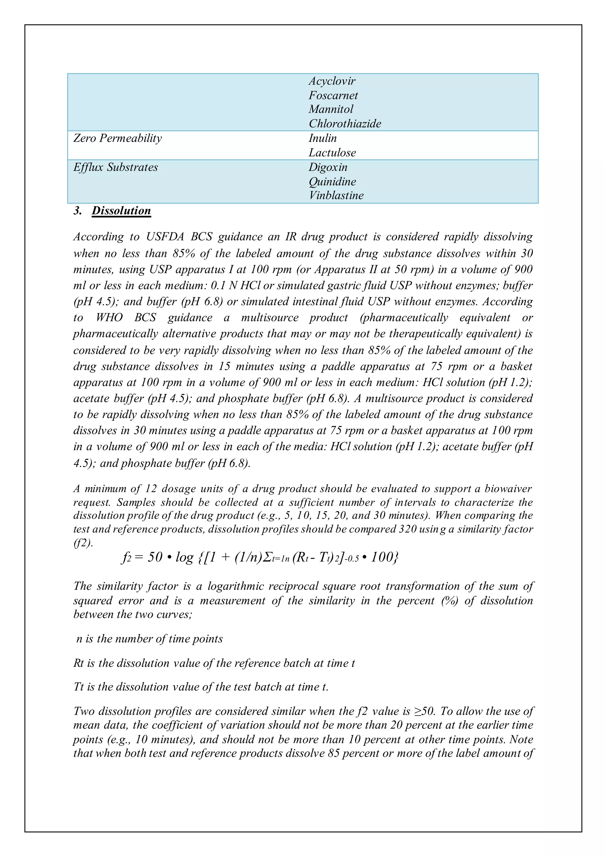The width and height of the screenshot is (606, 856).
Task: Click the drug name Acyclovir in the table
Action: (332, 81)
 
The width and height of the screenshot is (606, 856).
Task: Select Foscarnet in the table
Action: (333, 95)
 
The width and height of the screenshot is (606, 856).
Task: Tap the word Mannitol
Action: (331, 109)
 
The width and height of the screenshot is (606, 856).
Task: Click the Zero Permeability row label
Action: (117, 138)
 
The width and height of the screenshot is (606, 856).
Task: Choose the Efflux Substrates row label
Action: (116, 167)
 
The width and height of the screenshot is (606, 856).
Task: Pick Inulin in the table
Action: (323, 138)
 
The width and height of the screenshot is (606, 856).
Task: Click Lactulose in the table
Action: (332, 153)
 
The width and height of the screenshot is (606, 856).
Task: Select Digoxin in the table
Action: (328, 167)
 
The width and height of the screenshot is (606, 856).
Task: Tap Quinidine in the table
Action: (332, 181)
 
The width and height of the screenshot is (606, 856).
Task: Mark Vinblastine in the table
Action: (336, 195)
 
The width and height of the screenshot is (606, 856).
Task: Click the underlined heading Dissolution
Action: (121, 211)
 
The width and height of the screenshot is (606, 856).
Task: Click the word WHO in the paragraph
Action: (109, 318)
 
